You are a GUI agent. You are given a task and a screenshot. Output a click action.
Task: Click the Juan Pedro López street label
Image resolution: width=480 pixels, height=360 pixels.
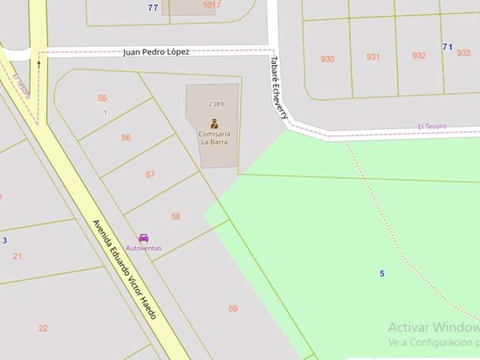point(156,52)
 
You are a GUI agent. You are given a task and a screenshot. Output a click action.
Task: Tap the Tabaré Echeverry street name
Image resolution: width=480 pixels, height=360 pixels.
point(279,87)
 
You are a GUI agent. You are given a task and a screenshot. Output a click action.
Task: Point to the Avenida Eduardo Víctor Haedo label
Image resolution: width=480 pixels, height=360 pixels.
point(125,269)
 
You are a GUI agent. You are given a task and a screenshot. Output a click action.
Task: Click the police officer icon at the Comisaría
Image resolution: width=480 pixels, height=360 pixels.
point(214,123)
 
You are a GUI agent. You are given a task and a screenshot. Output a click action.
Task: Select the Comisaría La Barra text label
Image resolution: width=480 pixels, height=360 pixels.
point(214,137)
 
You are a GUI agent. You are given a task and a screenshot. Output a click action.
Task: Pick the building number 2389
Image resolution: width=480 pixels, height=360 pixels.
point(216,104)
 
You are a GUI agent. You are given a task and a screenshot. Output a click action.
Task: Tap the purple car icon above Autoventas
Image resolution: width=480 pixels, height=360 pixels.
point(143,238)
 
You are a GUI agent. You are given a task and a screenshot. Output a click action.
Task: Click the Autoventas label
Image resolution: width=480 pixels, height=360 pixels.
point(143,248)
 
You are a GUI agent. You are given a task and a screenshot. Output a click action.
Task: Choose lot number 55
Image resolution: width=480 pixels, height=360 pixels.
point(103,98)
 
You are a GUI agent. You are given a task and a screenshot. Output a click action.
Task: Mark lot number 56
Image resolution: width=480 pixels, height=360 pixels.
point(126,138)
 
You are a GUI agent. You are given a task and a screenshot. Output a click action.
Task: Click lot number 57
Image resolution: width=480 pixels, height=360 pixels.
point(150,175)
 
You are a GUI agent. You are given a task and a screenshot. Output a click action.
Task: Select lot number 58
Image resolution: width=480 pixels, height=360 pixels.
point(176,217)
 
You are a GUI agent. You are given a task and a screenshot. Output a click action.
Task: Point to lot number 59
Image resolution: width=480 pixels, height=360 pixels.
point(233,309)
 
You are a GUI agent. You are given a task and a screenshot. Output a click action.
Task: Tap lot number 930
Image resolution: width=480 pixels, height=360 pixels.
point(327,59)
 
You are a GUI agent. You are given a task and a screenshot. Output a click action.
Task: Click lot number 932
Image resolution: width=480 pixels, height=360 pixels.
point(419,56)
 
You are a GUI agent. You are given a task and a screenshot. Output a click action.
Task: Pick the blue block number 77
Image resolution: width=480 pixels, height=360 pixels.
point(153,8)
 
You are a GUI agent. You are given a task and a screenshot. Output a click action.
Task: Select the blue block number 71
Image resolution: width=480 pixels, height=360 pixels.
point(447,47)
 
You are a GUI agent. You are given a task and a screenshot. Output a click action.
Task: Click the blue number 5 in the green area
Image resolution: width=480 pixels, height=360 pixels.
point(382,274)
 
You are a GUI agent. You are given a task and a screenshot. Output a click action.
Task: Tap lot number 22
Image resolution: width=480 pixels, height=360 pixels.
point(43,328)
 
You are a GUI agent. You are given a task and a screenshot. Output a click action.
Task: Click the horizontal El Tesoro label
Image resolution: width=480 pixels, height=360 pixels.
point(432,126)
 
